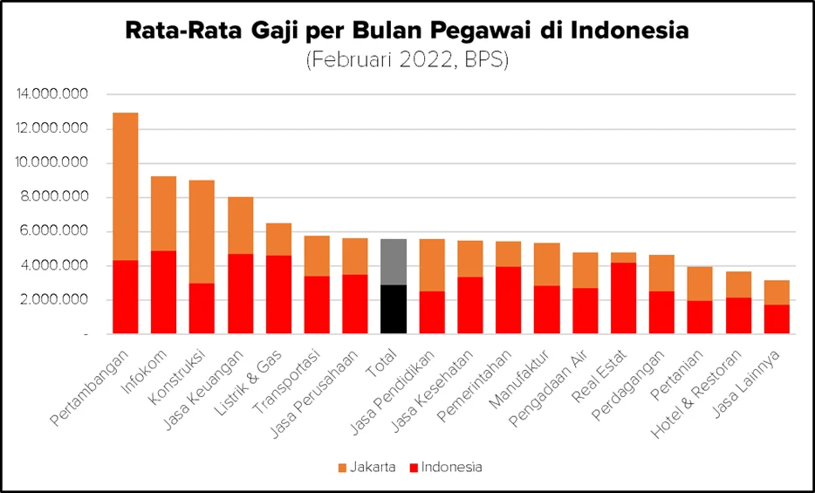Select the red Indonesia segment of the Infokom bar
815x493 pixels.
click(164, 292)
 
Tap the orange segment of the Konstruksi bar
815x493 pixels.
click(202, 231)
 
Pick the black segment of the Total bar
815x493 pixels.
click(394, 309)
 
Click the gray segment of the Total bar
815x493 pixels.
click(394, 262)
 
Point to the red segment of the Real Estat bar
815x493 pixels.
click(624, 298)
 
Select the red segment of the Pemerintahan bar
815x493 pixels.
click(509, 300)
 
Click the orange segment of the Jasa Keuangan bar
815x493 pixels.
click(240, 225)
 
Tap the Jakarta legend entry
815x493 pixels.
click(367, 467)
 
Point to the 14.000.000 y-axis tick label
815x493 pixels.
click(52, 94)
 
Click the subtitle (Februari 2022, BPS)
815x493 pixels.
click(407, 61)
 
